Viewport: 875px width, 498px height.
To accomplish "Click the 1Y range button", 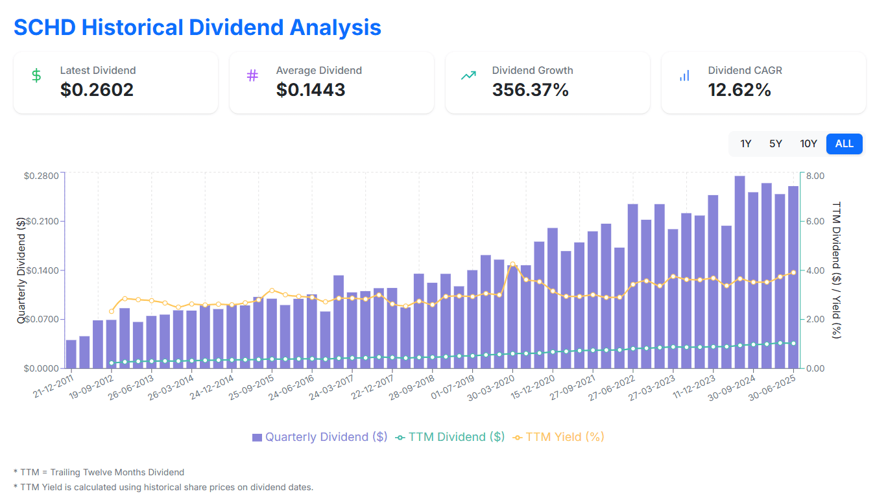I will (x=745, y=144).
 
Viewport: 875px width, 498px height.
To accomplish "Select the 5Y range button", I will (x=776, y=144).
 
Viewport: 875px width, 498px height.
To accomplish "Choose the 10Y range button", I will (x=808, y=144).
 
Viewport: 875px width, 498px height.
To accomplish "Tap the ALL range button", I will (x=844, y=144).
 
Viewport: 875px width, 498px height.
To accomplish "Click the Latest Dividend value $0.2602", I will (x=97, y=90).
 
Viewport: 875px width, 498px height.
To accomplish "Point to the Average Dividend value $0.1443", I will (x=311, y=90).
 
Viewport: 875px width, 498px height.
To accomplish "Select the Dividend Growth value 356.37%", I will (x=530, y=90).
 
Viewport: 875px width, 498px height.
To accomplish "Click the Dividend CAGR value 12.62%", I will (x=739, y=90).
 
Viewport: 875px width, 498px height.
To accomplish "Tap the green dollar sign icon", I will (x=36, y=76).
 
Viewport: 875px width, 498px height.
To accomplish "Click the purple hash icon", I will (x=252, y=76).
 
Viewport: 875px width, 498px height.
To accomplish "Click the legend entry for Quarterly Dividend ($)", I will (x=319, y=437).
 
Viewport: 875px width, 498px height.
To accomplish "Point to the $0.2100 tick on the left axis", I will (x=42, y=222).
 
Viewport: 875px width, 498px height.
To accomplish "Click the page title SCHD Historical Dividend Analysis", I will (x=197, y=27).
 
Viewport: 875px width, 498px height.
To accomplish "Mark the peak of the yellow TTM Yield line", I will (x=512, y=264).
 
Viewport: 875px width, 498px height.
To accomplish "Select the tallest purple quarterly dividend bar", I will (x=739, y=272).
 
